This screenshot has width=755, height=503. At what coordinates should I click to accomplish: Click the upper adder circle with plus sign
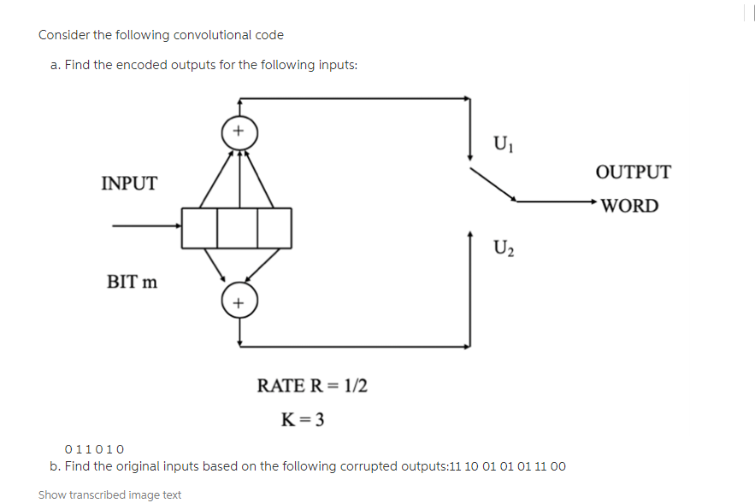pos(239,132)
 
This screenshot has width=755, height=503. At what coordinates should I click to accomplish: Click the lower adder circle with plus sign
pos(239,303)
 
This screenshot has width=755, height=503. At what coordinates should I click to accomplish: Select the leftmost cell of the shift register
pos(199,226)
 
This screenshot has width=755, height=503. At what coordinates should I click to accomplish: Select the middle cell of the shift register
pos(237,226)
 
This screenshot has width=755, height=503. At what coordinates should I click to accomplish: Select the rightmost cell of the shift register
pos(274,226)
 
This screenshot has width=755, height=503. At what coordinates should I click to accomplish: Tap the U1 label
pos(504,143)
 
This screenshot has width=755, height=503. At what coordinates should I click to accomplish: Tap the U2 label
pos(504,248)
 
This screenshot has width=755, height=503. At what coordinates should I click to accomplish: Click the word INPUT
pos(129,184)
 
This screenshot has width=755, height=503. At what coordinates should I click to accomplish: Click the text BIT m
pos(132,281)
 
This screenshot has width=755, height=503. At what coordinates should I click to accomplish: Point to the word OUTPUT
pos(633,172)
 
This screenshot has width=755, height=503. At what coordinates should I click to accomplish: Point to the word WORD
pos(630,206)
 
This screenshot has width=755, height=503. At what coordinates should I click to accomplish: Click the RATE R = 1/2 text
pos(312,385)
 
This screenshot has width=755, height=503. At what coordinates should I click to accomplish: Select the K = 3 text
pos(302,419)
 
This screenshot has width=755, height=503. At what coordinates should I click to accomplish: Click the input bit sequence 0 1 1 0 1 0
pos(95,449)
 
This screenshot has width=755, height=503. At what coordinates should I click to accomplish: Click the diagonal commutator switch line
pos(493,184)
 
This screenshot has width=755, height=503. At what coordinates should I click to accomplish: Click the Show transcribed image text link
pos(109,494)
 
